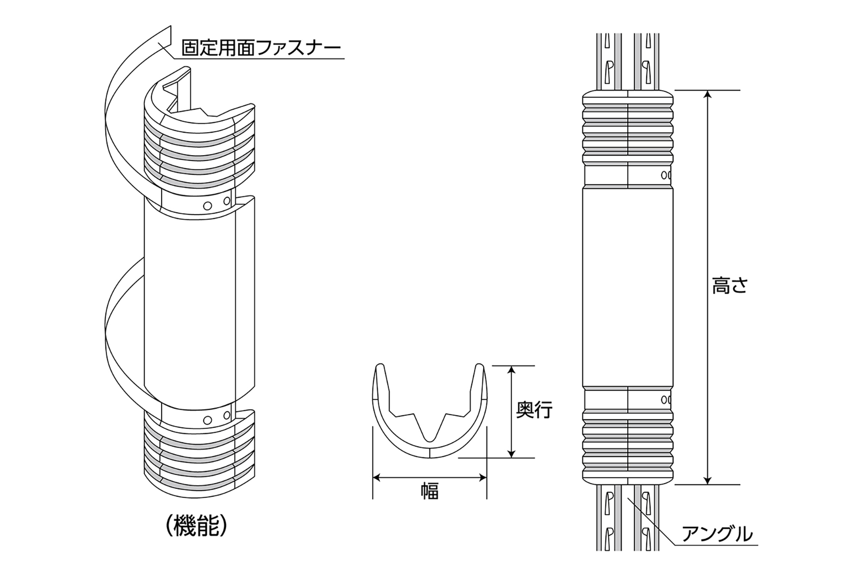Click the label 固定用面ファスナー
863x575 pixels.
(261, 47)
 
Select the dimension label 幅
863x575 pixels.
(430, 492)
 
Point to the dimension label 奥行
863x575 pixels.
(534, 410)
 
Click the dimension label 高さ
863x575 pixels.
(729, 287)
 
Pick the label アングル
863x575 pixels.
(717, 534)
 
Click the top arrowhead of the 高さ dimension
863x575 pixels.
(708, 94)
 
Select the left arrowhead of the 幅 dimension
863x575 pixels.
(377, 477)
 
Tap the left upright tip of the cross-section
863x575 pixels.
(380, 368)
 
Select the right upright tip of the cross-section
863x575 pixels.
(479, 368)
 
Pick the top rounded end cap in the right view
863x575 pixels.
(628, 97)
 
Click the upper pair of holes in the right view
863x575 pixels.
(666, 175)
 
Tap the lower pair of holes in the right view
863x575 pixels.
(666, 399)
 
